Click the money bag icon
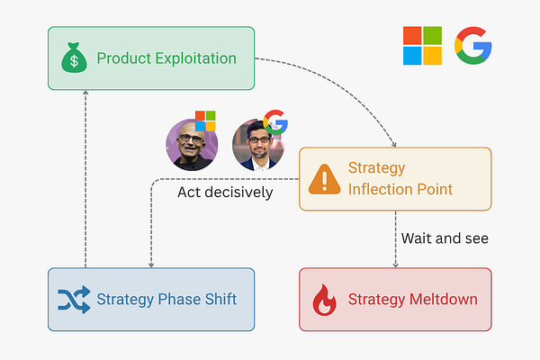click(73, 58)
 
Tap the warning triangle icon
click(322, 179)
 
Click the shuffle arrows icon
click(73, 300)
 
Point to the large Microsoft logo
click(422, 46)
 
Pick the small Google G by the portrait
click(274, 123)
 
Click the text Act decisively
click(225, 193)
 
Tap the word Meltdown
click(444, 300)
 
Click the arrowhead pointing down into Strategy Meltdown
click(396, 264)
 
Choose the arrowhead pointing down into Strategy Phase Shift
click(150, 264)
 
